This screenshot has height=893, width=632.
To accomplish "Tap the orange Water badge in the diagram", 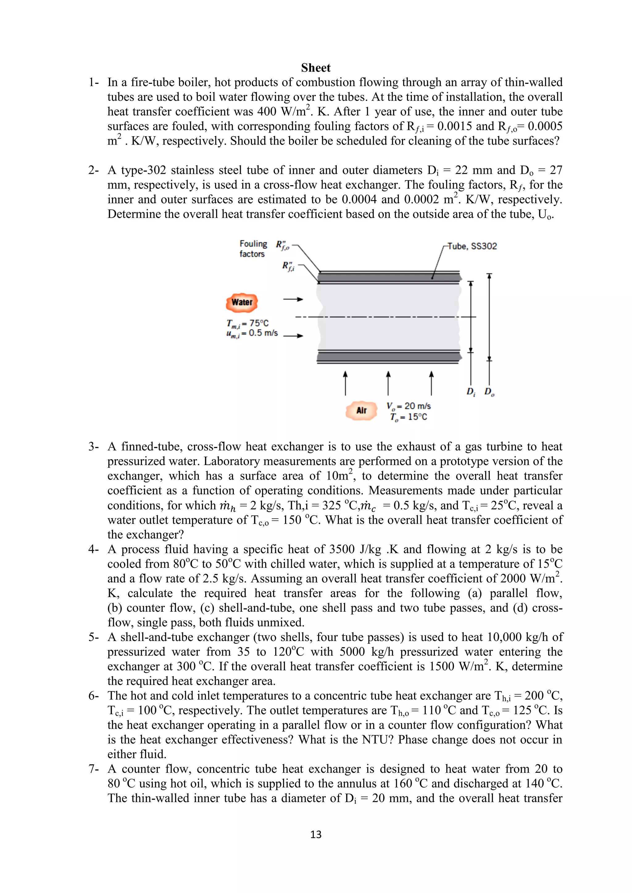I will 242,302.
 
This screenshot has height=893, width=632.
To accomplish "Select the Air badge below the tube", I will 361,410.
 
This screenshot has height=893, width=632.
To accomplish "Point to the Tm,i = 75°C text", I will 247,323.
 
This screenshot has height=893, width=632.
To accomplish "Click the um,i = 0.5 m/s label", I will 252,333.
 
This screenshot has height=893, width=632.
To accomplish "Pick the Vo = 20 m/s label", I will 409,406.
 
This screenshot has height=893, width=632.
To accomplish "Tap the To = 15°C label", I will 409,417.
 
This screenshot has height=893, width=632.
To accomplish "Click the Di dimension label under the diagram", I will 471,392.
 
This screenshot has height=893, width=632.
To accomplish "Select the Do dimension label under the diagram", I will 489,392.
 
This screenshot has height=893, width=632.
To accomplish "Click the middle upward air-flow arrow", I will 388,383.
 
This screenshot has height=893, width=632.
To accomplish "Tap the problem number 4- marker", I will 94,549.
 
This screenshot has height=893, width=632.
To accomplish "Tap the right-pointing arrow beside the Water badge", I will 293,299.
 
